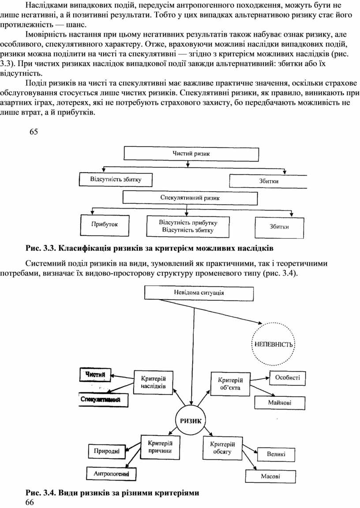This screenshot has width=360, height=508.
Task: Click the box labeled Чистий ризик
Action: click(191, 154)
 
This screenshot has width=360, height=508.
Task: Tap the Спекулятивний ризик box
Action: click(190, 198)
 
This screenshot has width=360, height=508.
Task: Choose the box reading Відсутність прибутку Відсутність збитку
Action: click(188, 226)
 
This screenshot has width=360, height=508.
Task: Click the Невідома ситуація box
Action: click(199, 293)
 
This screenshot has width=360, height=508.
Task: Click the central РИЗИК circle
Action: click(191, 421)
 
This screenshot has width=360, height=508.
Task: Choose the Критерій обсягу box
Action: click(222, 448)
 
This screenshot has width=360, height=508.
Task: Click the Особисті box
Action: click(287, 377)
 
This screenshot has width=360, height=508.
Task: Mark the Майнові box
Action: click(286, 402)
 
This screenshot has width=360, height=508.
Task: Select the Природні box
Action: click(106, 451)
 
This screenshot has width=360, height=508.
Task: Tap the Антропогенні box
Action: click(111, 474)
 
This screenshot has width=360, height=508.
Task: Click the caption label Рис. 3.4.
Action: click(41, 492)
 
